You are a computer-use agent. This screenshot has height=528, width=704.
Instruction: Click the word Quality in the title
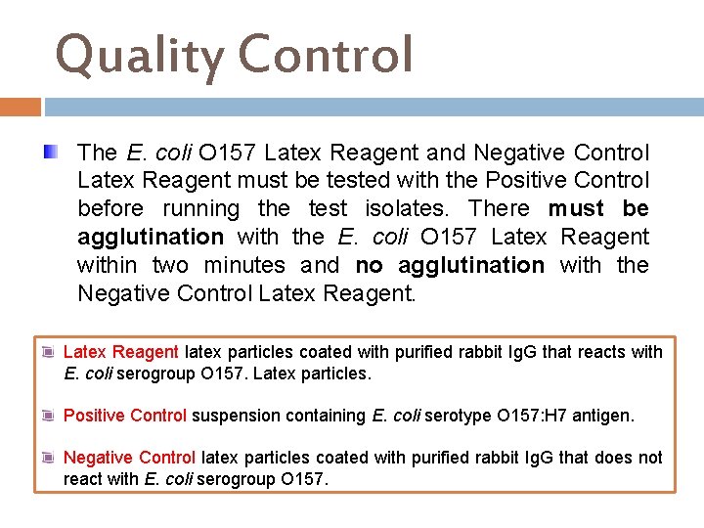click(140, 55)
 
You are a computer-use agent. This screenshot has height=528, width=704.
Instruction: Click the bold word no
click(369, 265)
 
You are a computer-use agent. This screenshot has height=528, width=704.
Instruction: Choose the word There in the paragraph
click(499, 208)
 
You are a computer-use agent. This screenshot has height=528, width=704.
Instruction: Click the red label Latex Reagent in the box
click(120, 352)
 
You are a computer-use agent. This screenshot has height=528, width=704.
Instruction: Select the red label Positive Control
click(124, 416)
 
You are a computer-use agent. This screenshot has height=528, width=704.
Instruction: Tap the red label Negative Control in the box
click(129, 458)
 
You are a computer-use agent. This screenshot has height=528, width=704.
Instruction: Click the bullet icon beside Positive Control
click(48, 416)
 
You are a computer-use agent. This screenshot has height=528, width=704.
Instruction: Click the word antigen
click(604, 416)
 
